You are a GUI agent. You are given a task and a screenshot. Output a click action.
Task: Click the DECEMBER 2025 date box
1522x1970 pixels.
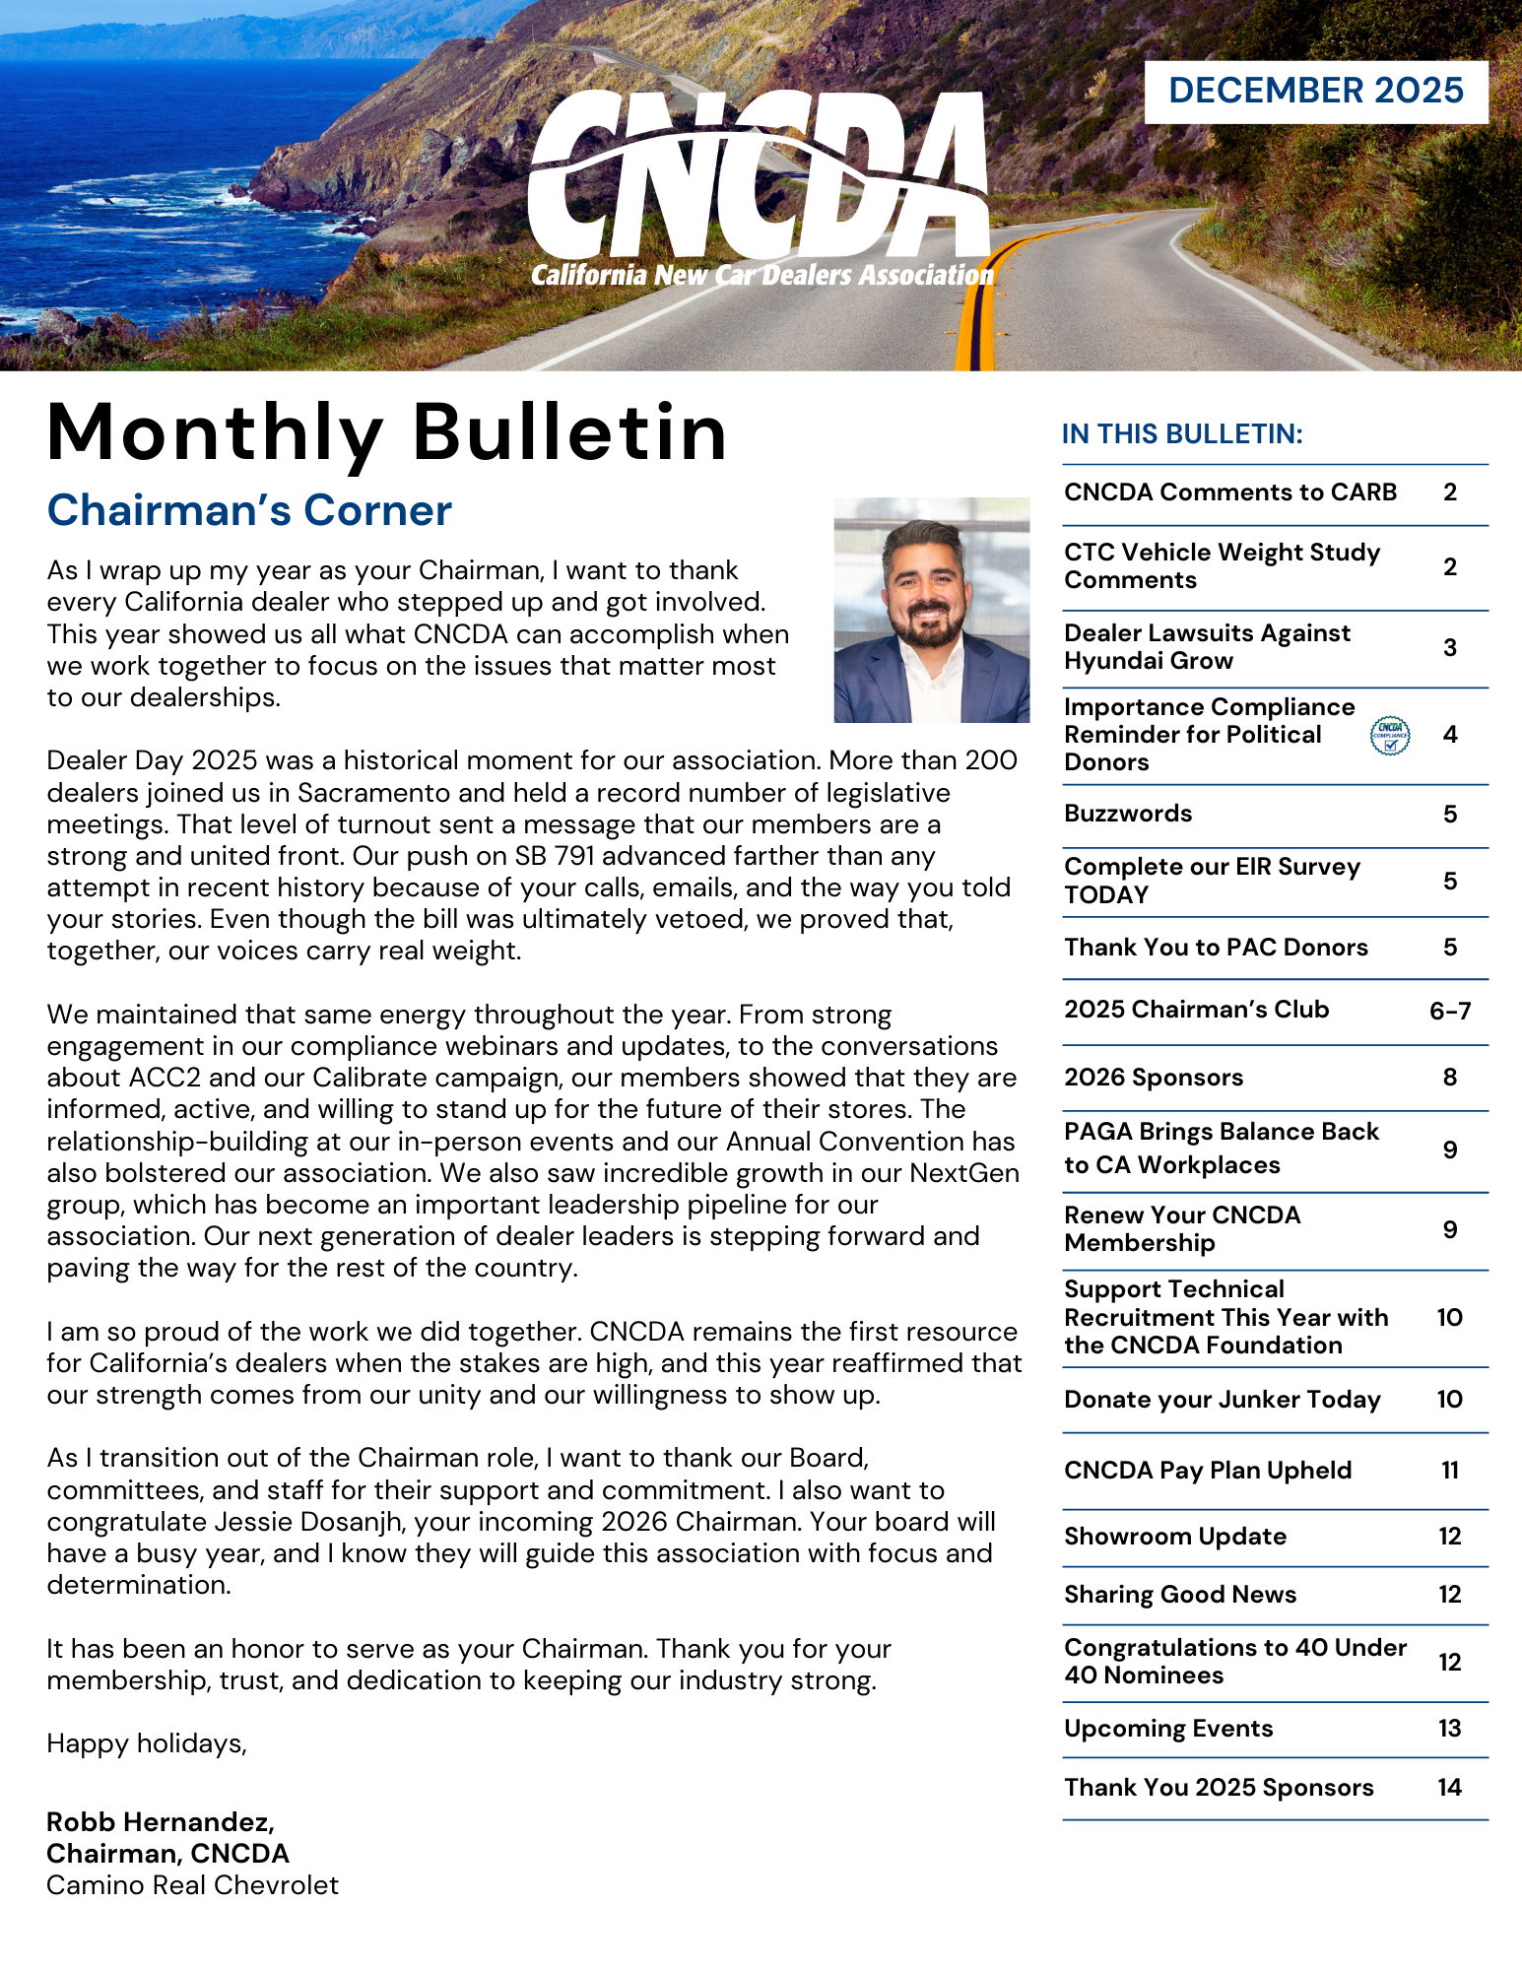click(1315, 92)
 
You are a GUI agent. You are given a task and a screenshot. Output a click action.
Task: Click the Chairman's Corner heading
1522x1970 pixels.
click(249, 510)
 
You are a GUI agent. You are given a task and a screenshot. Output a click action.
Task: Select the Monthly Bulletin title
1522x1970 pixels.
click(386, 432)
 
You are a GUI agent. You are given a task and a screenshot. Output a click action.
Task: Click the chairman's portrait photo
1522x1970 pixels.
click(931, 610)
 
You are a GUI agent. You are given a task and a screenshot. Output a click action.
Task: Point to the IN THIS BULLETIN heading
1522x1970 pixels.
click(1182, 434)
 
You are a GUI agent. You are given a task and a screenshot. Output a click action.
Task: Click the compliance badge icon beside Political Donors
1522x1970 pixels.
click(1389, 736)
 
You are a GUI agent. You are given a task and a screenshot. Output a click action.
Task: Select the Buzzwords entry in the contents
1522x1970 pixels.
click(1128, 814)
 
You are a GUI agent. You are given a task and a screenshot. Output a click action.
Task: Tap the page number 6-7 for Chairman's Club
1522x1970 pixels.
click(1449, 1011)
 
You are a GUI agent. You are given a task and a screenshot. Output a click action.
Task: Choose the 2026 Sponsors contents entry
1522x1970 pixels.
click(1154, 1078)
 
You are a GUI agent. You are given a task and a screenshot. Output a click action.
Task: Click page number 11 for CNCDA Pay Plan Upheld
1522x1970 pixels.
click(1449, 1471)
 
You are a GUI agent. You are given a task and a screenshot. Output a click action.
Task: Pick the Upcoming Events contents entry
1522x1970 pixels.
click(1168, 1729)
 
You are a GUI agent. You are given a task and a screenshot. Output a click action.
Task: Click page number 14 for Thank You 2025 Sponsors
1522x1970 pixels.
click(1449, 1788)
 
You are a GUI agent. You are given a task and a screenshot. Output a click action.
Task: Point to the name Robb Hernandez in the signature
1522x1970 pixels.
click(161, 1821)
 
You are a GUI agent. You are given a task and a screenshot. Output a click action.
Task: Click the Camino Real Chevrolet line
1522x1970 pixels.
click(192, 1885)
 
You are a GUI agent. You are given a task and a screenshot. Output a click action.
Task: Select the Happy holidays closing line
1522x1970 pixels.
click(147, 1743)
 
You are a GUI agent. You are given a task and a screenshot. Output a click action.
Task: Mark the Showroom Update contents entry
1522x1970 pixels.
click(1175, 1537)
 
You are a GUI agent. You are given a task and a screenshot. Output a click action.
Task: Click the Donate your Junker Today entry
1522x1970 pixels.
click(1223, 1400)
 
